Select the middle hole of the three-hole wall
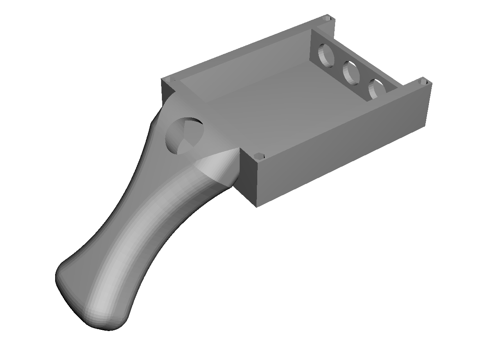pyautogui.click(x=351, y=73)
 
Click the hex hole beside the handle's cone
pyautogui.click(x=258, y=156)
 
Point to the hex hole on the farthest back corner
pyautogui.click(x=328, y=18)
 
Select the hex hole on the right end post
pyautogui.click(x=423, y=83)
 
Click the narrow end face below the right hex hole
pyautogui.click(x=428, y=106)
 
